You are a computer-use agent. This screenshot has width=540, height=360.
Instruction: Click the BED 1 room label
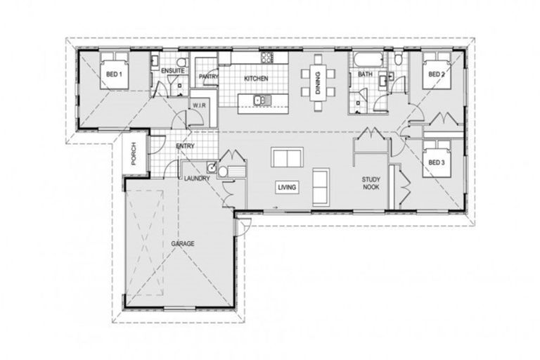(114, 73)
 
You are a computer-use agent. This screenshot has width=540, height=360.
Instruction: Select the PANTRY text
(207, 76)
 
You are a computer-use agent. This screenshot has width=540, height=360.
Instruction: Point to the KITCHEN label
(255, 78)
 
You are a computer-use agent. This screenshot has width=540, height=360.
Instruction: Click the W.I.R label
(198, 106)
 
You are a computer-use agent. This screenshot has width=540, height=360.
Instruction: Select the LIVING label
(286, 188)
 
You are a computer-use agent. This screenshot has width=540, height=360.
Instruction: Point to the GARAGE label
(182, 243)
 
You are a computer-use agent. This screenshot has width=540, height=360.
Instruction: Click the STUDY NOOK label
(371, 183)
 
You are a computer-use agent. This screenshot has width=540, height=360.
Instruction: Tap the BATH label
(365, 74)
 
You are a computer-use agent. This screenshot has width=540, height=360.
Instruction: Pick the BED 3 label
(436, 162)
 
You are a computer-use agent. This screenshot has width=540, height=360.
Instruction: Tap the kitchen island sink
(259, 101)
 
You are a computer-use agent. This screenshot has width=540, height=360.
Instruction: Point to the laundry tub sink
(210, 167)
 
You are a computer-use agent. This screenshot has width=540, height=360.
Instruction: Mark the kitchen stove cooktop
(267, 57)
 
